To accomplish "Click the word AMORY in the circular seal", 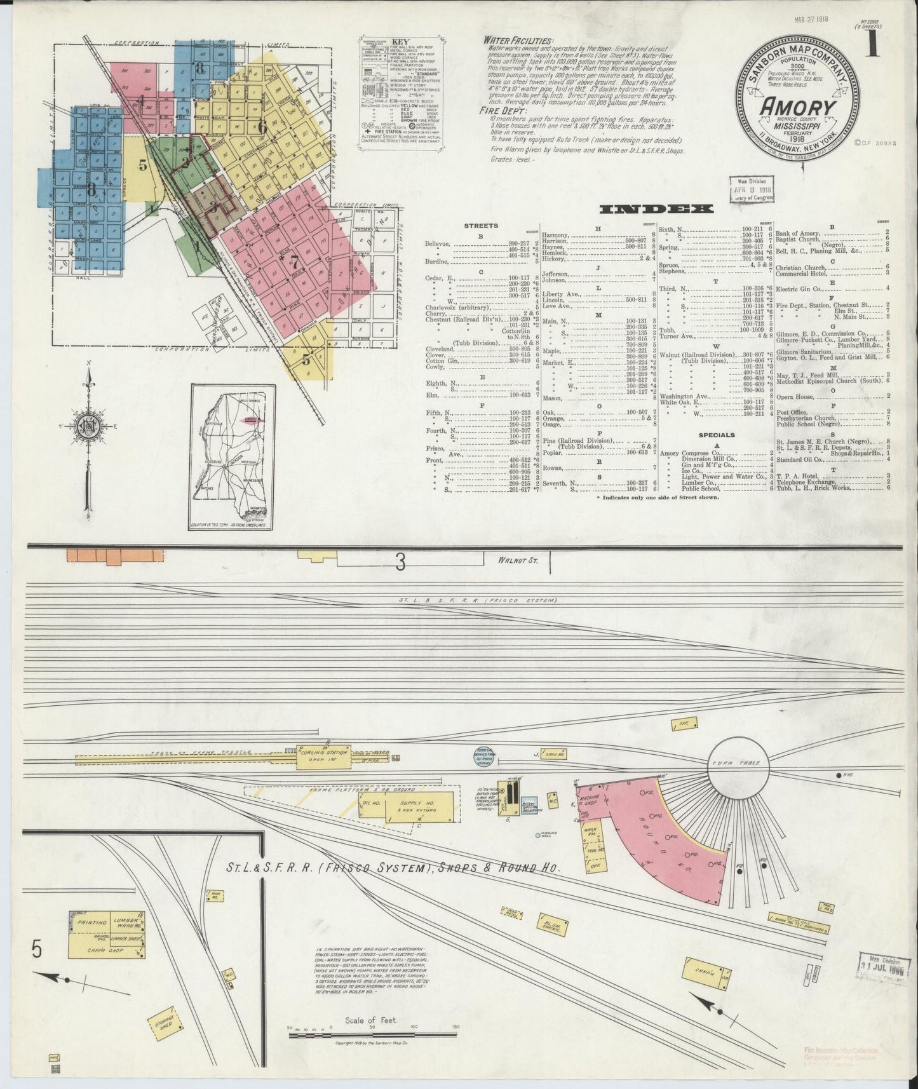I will pyautogui.click(x=798, y=107).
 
